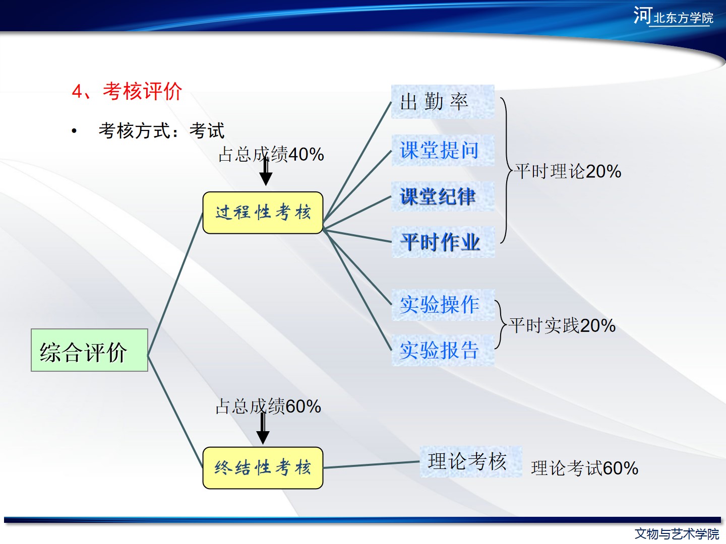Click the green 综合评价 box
click(x=89, y=350)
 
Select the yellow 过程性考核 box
click(x=263, y=213)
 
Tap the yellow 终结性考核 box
click(x=263, y=468)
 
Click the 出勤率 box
click(x=443, y=102)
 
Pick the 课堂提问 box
click(x=443, y=150)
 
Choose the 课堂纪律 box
click(x=443, y=196)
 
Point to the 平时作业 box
click(x=443, y=242)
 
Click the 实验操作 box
click(x=443, y=305)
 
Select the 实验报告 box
click(x=443, y=350)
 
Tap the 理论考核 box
click(x=471, y=461)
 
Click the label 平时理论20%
click(x=568, y=171)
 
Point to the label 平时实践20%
click(x=562, y=326)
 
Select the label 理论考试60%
click(x=585, y=468)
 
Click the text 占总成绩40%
click(x=271, y=154)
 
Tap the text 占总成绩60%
click(x=268, y=406)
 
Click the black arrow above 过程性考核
click(x=266, y=172)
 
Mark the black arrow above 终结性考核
click(x=263, y=428)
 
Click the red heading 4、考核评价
click(x=127, y=91)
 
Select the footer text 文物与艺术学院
click(x=677, y=534)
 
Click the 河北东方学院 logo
click(x=674, y=16)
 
